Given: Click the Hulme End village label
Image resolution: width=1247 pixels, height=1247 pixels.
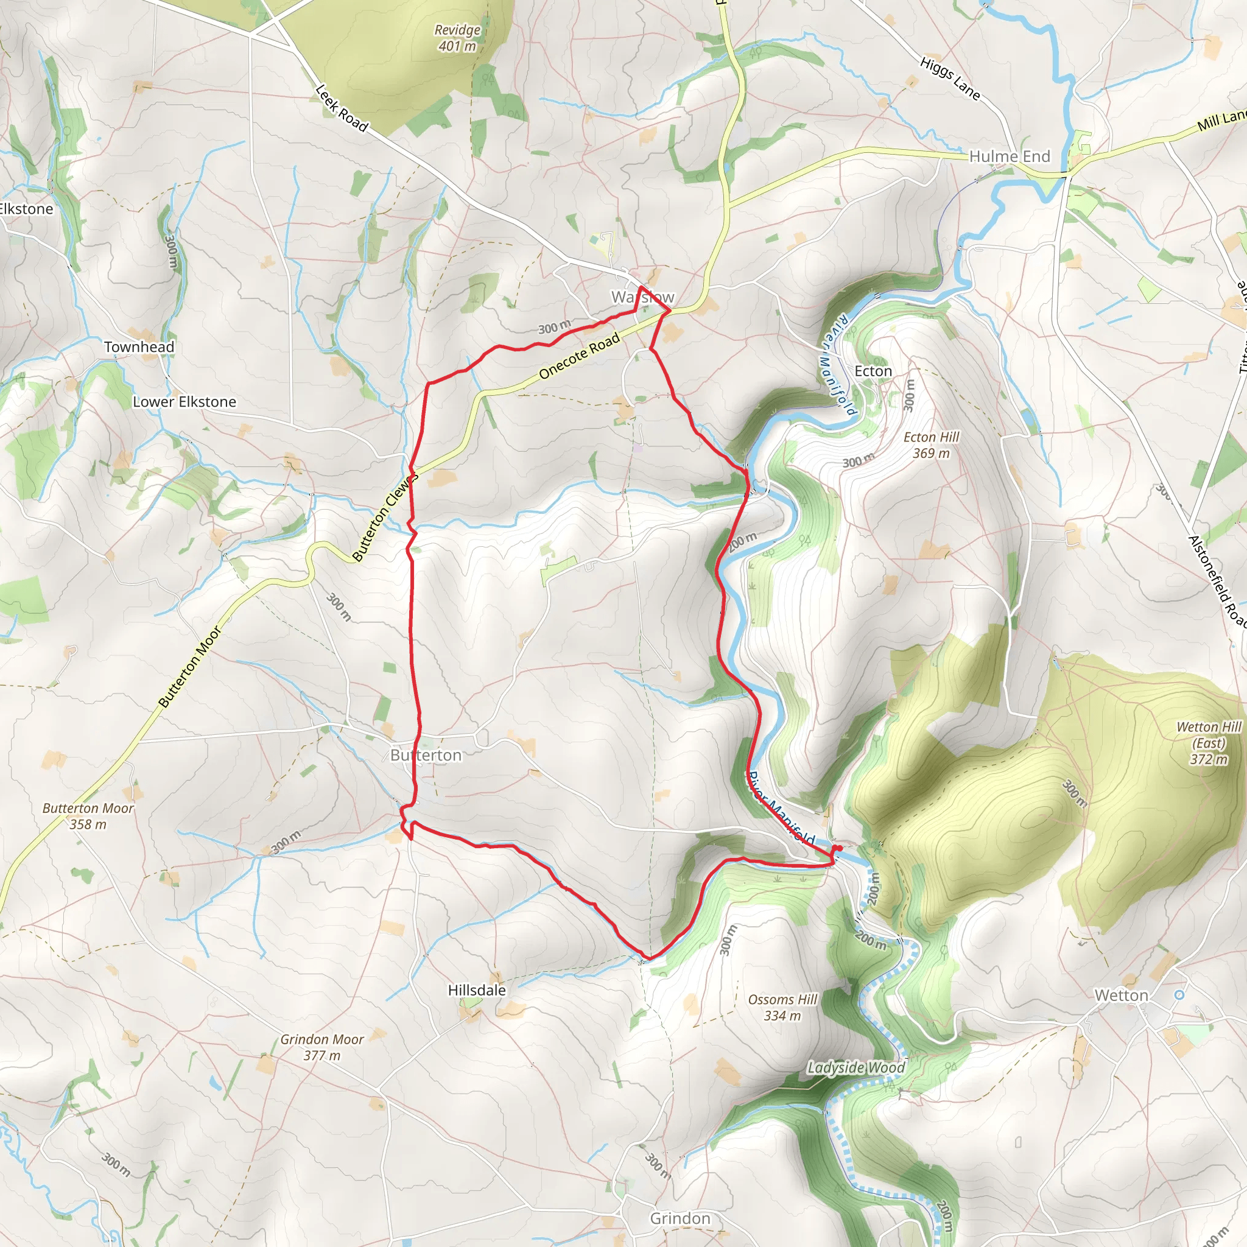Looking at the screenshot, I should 1010,156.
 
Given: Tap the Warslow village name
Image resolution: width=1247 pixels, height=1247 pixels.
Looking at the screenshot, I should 643,297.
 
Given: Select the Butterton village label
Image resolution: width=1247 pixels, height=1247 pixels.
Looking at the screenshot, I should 426,755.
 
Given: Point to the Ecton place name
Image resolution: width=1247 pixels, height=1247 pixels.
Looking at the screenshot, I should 873,371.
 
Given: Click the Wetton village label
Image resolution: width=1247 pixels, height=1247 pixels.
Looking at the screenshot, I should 1121,996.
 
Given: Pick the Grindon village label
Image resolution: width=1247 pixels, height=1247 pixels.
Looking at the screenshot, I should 680,1218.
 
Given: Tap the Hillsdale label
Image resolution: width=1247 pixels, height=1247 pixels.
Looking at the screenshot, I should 477,990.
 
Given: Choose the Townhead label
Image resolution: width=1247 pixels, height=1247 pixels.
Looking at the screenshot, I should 139,346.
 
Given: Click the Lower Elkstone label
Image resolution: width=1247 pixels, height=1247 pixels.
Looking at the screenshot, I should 184,401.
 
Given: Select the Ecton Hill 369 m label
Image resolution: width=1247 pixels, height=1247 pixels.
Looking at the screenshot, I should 931,444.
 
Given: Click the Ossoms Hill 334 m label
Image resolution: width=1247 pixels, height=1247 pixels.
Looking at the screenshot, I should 782,1008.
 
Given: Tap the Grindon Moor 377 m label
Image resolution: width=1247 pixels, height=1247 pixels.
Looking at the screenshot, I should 321,1047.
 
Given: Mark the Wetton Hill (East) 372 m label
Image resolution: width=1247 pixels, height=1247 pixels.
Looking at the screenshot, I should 1208,742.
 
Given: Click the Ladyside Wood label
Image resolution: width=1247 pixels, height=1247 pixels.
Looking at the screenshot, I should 856,1067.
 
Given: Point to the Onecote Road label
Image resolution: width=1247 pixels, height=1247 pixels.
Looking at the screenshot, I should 579,355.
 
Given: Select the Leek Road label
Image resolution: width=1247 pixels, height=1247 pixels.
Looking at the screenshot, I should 342,108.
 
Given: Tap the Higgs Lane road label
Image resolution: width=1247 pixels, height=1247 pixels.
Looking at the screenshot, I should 950,79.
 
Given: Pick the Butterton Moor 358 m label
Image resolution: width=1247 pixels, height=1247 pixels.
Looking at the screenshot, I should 88,816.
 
